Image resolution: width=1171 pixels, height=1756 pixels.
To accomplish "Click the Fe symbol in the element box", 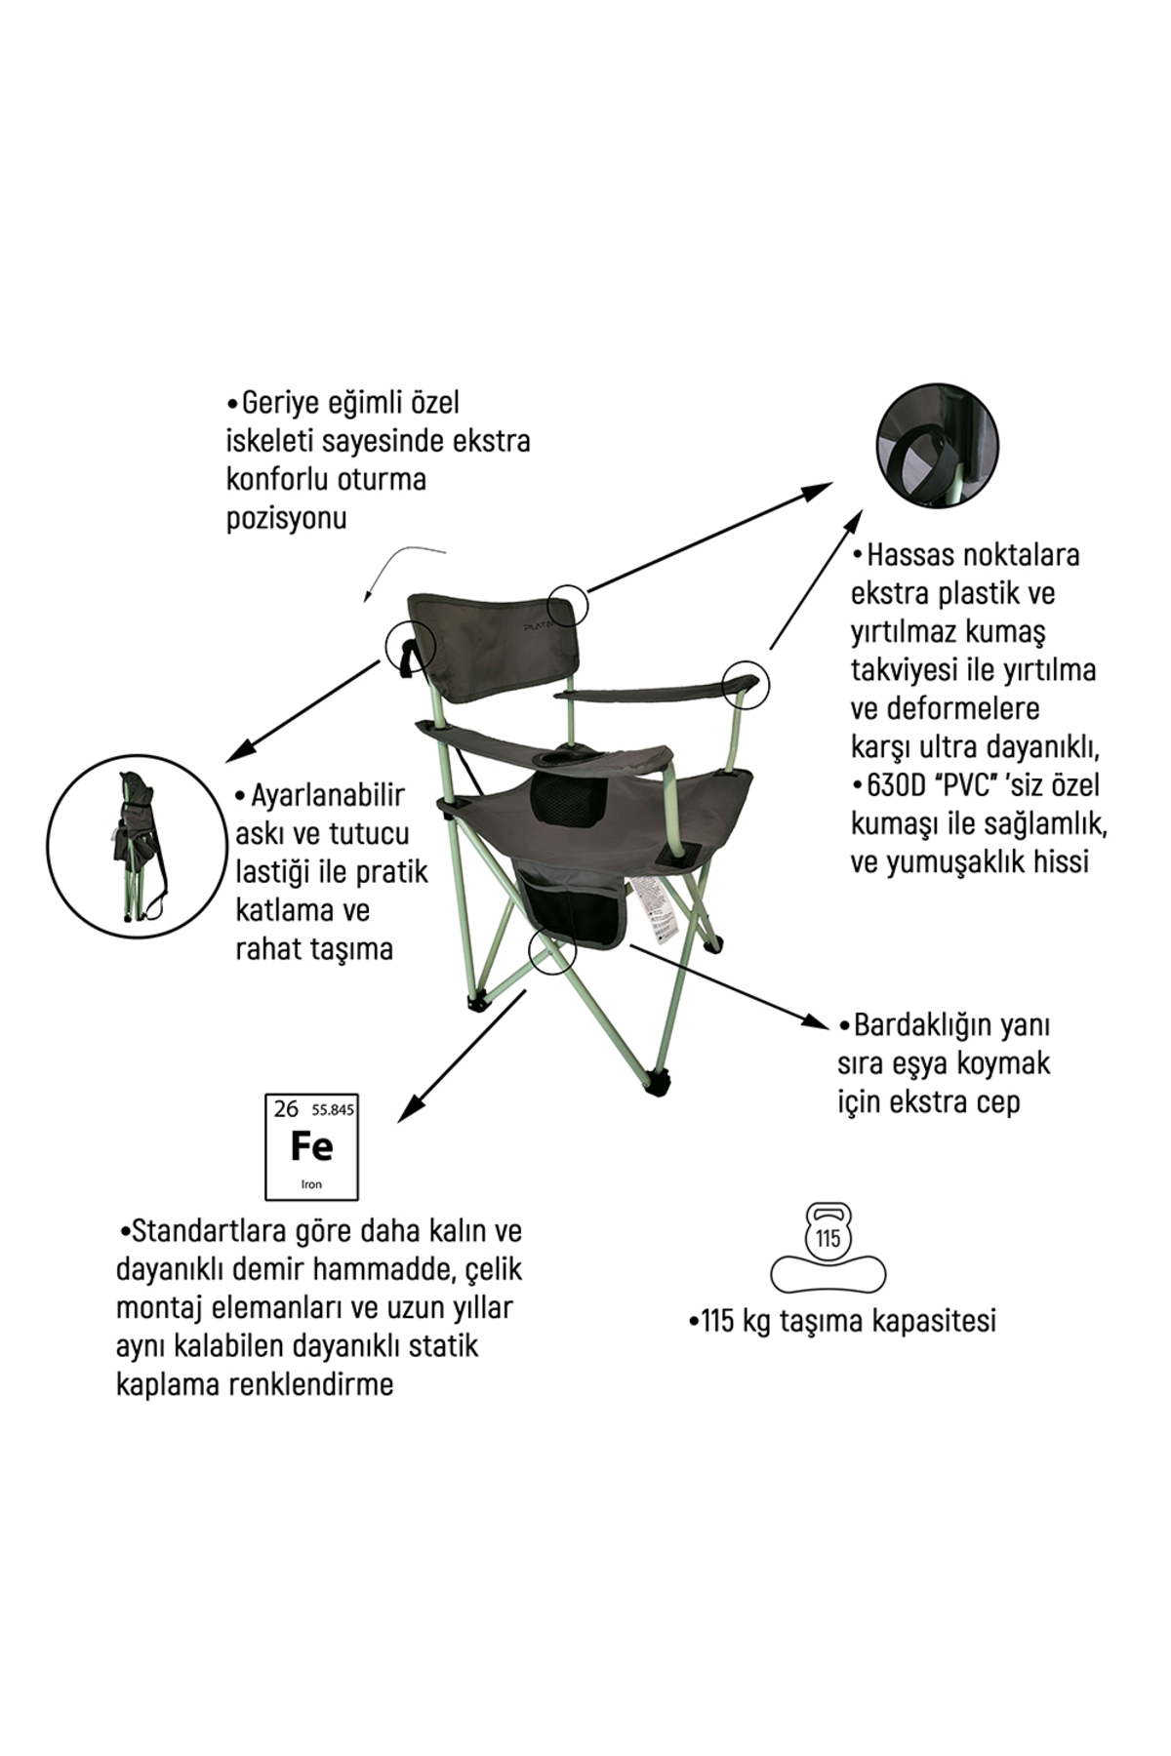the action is [312, 1145].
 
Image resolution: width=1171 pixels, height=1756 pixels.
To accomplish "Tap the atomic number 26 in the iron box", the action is [286, 1108].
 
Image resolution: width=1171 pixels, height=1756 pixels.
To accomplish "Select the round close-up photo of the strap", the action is [937, 444].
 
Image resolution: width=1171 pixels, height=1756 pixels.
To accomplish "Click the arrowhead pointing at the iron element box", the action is [408, 1105].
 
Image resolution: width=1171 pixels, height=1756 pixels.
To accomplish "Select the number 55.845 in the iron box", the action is [333, 1110].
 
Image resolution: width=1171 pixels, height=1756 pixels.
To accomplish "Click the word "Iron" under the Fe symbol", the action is [312, 1184].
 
